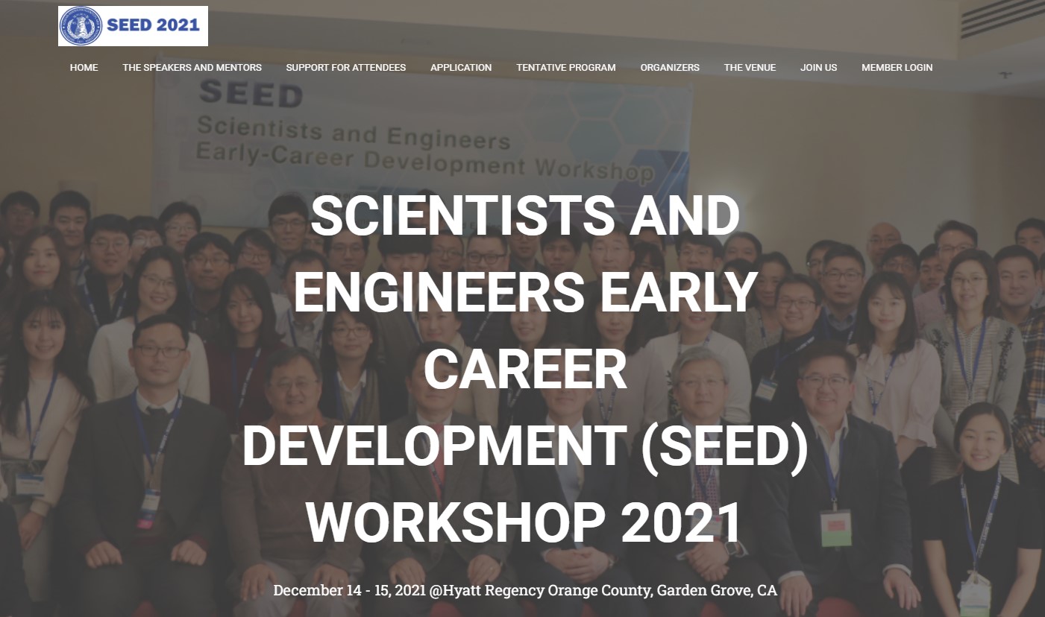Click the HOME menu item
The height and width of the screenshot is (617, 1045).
(x=84, y=68)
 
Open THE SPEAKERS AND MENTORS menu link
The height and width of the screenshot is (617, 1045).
(x=192, y=68)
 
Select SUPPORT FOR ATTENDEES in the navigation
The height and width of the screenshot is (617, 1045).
(x=345, y=68)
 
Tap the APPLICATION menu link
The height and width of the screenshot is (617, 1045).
(x=461, y=68)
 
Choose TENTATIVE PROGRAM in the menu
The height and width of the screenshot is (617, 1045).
(x=566, y=68)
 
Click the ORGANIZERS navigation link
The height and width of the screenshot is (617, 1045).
(x=670, y=68)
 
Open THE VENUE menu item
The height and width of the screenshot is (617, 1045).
(x=750, y=68)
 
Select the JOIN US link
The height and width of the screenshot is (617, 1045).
(x=819, y=68)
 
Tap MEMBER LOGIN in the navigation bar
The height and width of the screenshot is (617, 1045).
(x=897, y=68)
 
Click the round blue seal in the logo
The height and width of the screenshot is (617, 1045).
(x=81, y=26)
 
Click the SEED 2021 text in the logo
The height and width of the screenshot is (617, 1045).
(x=154, y=25)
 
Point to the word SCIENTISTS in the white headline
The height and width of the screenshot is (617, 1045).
(x=462, y=216)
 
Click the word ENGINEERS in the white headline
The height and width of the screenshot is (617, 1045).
(x=439, y=292)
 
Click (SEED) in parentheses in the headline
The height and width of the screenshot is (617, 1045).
(x=724, y=446)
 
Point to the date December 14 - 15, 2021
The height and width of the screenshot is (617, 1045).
(x=349, y=590)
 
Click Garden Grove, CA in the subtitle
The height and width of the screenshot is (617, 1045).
(x=717, y=590)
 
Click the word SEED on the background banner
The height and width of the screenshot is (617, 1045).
(x=251, y=93)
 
